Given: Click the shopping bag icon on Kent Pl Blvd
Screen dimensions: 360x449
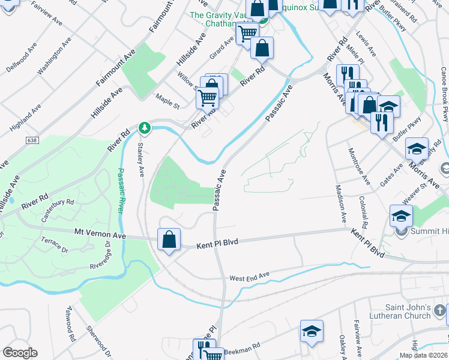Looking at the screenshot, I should click(x=169, y=239).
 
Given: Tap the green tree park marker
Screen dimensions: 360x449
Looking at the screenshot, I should click(x=144, y=127).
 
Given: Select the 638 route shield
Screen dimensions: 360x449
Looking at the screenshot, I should click(x=32, y=139).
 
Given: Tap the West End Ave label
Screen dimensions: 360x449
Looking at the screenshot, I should click(x=250, y=277).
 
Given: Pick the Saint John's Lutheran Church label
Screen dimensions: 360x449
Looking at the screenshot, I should click(x=403, y=312).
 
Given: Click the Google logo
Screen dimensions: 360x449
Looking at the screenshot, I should click(x=20, y=353).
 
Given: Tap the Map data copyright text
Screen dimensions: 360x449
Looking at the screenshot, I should click(x=423, y=355).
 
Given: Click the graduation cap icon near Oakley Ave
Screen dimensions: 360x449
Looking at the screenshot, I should click(x=312, y=332).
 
